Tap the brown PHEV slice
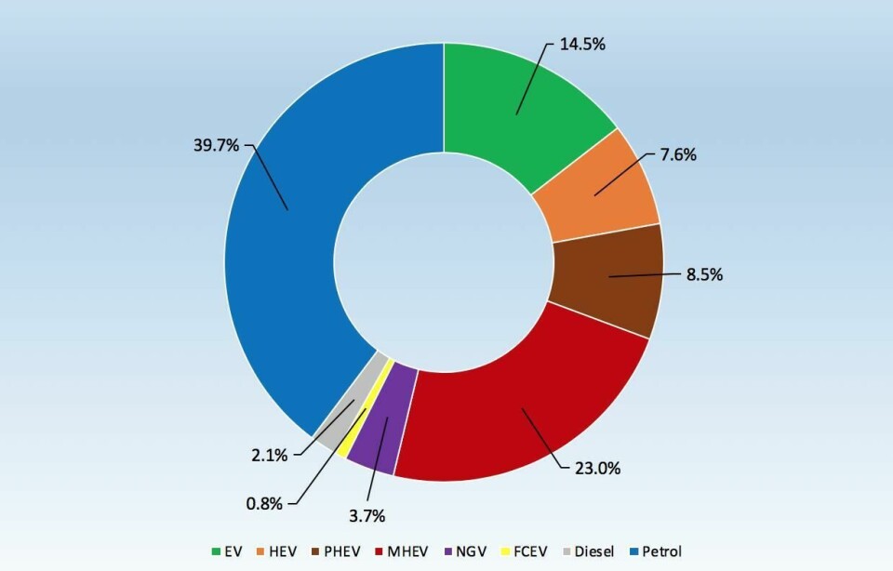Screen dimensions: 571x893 click(x=609, y=274)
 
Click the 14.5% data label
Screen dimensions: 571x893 click(x=582, y=44)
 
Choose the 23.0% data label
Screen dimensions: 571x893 click(x=596, y=468)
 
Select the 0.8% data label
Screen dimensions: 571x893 click(x=264, y=502)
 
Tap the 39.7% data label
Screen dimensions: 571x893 click(x=216, y=145)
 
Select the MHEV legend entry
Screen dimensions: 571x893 click(x=417, y=551)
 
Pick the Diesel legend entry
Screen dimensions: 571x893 click(x=600, y=551)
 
